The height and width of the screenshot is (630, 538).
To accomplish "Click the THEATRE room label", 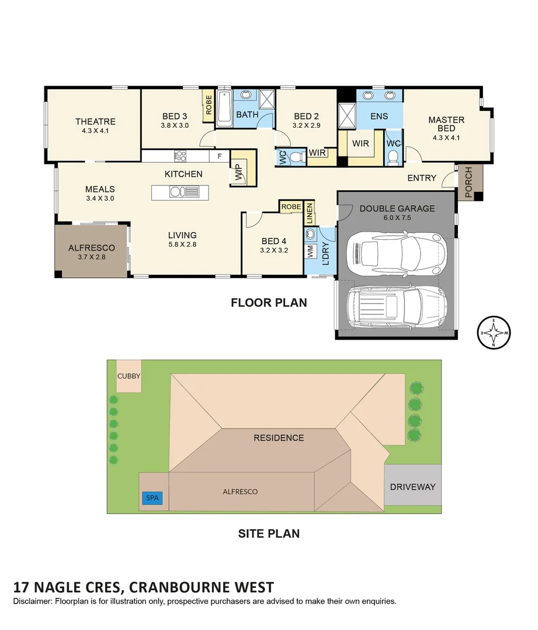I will [95, 121].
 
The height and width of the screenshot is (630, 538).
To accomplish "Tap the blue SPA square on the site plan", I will [151, 499].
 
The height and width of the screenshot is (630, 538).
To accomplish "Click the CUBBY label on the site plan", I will [129, 376].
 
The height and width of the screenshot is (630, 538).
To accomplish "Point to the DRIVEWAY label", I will [412, 487].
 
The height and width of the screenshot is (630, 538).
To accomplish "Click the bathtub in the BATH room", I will [224, 108].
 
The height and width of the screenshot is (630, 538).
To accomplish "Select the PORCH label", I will [468, 181].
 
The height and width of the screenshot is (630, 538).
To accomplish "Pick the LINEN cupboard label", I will [309, 214].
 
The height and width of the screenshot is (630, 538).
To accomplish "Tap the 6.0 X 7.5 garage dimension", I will [397, 219].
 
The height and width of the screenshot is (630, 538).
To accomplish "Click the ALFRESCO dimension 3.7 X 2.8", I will [91, 257].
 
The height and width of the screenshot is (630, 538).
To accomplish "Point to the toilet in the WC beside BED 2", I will [296, 157].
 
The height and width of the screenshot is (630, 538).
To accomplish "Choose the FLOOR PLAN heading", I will [268, 303].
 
